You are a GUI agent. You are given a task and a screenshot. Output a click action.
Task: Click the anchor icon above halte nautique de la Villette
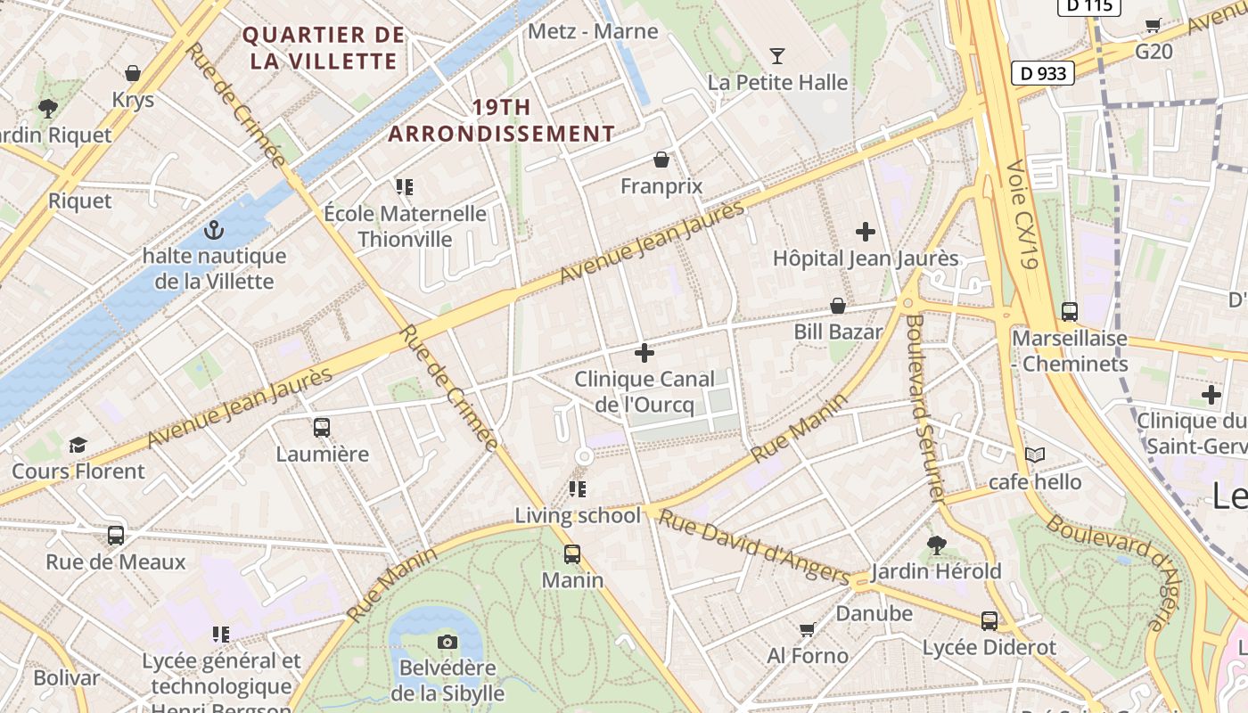point(213,231)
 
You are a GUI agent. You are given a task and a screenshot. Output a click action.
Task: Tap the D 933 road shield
point(1042,73)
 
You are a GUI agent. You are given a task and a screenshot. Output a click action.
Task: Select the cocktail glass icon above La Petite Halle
point(777,56)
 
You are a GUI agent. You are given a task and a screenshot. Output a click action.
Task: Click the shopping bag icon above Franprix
point(661,160)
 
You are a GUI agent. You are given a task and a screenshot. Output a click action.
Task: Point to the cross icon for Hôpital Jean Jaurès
point(865,232)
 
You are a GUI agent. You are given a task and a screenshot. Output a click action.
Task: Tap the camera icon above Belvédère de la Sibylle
point(447,642)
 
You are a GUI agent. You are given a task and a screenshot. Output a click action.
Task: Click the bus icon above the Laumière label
point(322,427)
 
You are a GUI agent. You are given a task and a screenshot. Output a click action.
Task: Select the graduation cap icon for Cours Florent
point(78,445)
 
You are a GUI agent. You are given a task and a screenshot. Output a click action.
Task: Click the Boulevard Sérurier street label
point(924,409)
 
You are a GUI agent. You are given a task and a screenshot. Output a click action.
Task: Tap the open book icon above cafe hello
point(1034,455)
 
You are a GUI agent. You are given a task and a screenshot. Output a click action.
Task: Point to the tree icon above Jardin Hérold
point(936,545)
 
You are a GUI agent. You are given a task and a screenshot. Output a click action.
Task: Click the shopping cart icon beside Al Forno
point(807,630)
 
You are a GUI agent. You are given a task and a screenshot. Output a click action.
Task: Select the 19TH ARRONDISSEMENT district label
point(501,120)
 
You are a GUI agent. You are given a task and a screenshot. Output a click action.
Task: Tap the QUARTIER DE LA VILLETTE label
point(324,48)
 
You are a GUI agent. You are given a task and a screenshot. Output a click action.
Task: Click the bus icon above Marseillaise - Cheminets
point(1069,312)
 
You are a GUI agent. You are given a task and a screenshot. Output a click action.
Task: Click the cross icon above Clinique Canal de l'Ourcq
point(644,353)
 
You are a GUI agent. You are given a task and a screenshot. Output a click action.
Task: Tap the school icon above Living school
point(578,488)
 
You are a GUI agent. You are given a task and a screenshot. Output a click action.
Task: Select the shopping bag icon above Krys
point(133,73)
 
